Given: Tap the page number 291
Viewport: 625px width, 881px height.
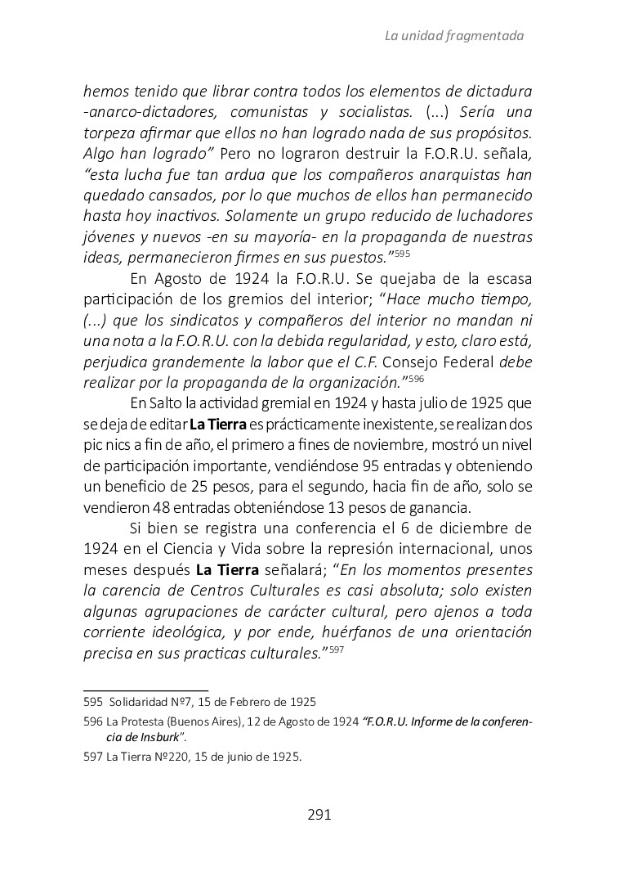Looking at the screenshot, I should (x=319, y=814).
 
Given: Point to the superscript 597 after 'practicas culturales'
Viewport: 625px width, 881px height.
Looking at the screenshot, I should (x=337, y=650).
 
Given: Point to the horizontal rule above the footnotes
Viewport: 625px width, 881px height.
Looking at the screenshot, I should (x=146, y=690).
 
